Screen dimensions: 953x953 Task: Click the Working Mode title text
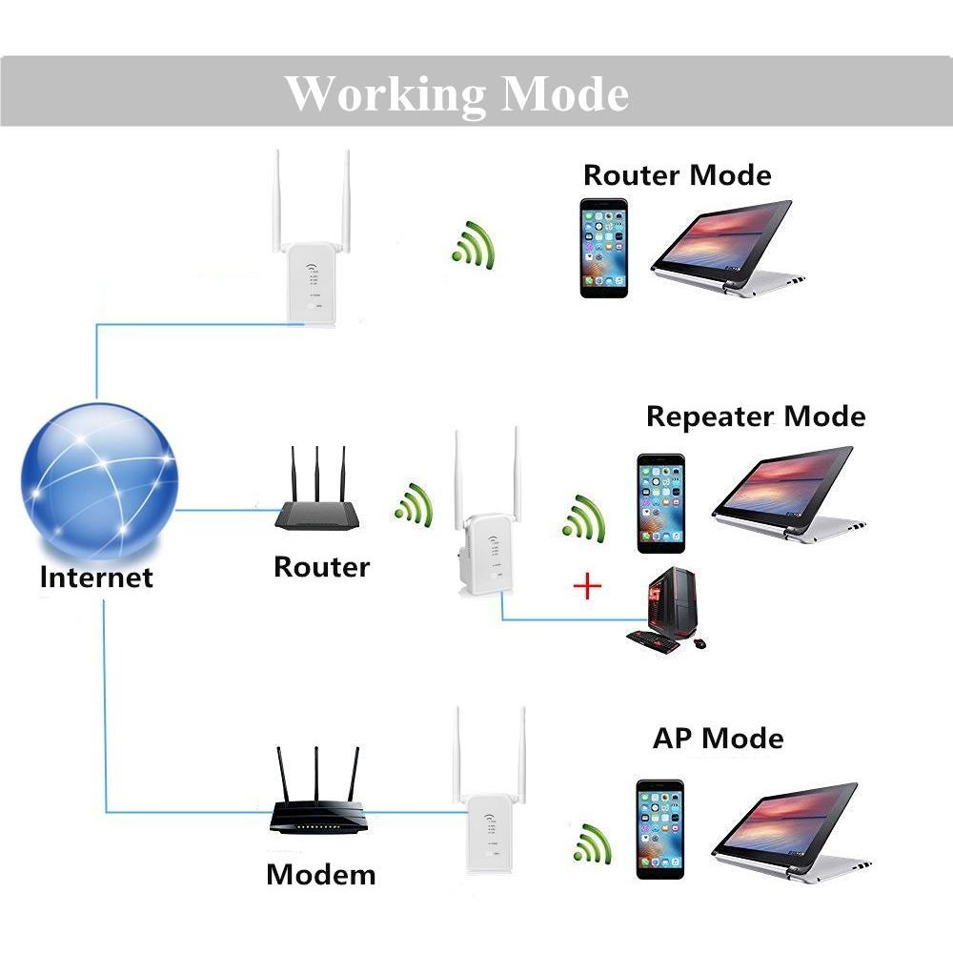coord(457,94)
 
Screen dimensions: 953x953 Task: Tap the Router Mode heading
coord(677,175)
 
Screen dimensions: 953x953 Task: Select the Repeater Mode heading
coord(755,416)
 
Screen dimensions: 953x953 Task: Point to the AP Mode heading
coord(718,738)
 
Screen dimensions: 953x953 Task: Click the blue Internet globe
coord(100,481)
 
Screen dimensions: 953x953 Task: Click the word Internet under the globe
coord(96,578)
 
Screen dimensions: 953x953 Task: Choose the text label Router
coord(321,567)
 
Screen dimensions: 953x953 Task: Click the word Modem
coord(320,874)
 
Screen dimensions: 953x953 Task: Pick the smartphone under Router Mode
coord(604,248)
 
